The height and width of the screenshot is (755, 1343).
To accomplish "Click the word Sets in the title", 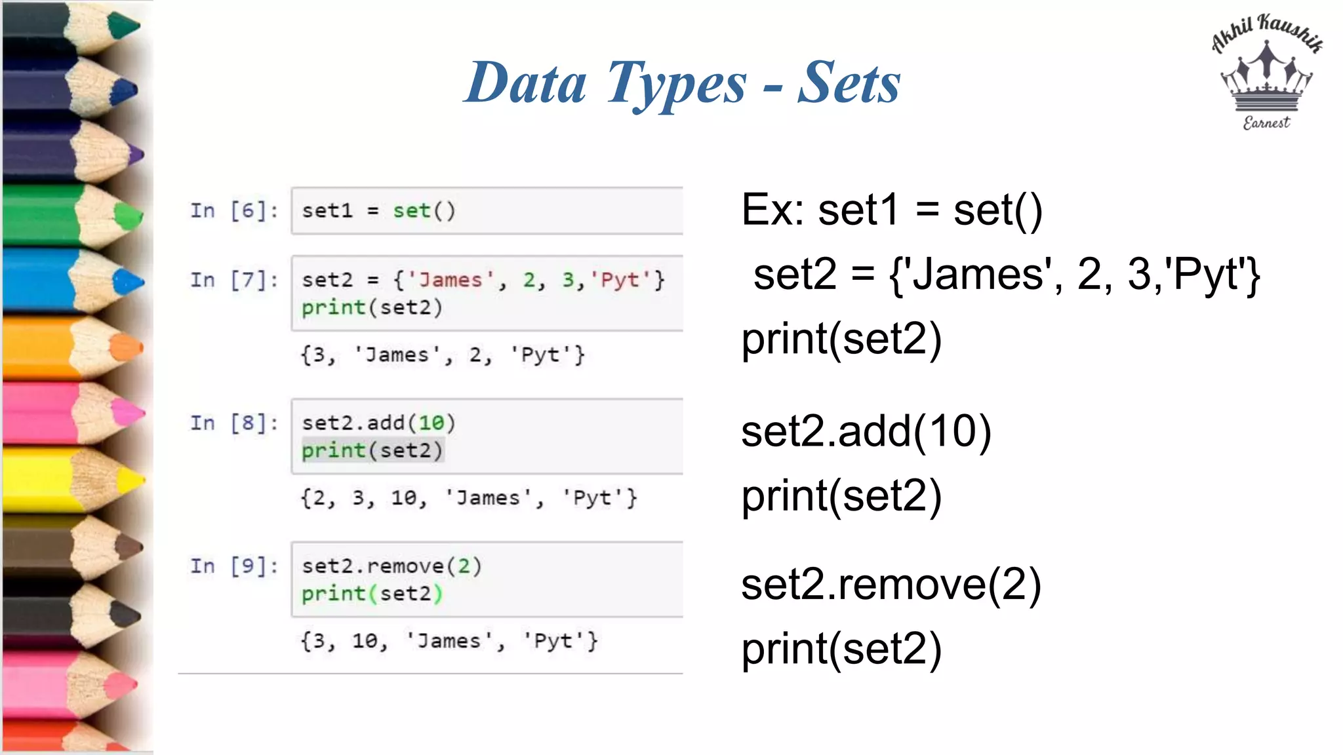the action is click(x=849, y=83).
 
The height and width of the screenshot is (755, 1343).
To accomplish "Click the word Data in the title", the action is click(x=526, y=83).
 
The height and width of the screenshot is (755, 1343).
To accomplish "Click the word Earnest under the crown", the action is click(x=1266, y=123).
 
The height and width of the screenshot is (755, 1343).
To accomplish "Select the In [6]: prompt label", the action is click(x=234, y=211).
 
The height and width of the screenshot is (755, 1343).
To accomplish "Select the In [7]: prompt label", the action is click(x=234, y=281).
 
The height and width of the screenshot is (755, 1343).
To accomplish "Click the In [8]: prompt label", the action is click(x=234, y=423).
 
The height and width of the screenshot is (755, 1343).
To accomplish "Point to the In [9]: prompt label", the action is click(x=234, y=566).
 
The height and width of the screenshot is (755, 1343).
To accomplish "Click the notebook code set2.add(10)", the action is click(x=378, y=423).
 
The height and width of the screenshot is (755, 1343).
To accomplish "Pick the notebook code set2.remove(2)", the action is click(x=391, y=566).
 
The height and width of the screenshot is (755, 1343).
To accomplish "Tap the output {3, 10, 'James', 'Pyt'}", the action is click(x=449, y=641).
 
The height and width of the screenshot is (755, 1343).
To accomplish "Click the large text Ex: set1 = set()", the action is click(x=892, y=211).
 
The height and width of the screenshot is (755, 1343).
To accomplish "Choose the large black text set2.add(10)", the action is click(x=866, y=432).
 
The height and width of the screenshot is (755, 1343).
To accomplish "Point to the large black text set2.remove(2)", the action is click(x=891, y=585).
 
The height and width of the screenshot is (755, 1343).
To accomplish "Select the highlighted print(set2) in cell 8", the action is click(x=372, y=451).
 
